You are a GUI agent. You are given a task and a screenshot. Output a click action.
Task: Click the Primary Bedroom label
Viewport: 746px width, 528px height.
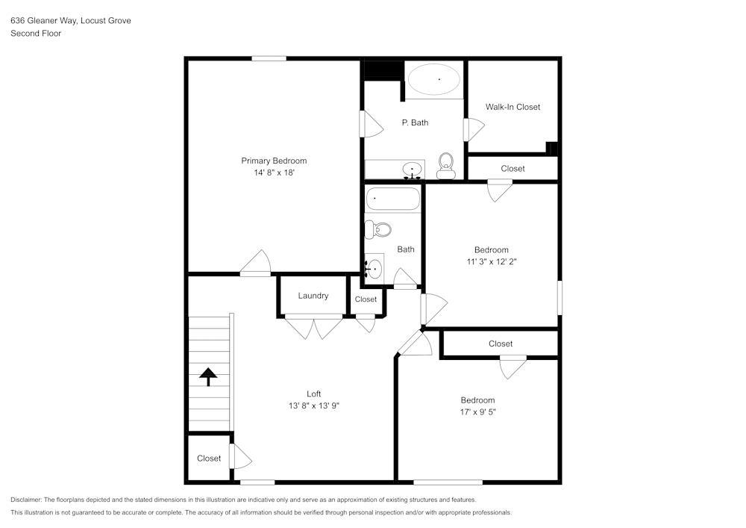click(273, 161)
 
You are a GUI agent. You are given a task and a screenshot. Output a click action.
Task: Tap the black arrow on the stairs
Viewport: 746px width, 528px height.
click(208, 377)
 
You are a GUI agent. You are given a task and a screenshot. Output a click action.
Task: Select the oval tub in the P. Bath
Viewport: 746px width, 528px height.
click(434, 79)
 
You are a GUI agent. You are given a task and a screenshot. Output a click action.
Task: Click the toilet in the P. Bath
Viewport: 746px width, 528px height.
click(446, 165)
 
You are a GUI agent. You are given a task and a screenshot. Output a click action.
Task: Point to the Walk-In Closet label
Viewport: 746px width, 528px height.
click(513, 107)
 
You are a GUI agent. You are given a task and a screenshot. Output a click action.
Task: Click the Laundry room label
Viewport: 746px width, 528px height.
click(313, 296)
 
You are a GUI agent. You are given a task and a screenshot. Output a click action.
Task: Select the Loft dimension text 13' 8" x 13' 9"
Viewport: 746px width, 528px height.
click(313, 406)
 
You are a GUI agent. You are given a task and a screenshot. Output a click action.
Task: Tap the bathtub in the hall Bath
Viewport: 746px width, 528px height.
click(393, 199)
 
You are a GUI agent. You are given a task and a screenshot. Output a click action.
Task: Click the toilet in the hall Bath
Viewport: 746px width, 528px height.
click(379, 229)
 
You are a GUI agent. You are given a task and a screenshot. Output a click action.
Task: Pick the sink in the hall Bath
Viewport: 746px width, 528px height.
click(373, 267)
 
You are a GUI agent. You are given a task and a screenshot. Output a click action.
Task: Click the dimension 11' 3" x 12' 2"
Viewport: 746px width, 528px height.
click(491, 261)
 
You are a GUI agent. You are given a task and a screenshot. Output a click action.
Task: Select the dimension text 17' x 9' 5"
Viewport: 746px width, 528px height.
click(477, 411)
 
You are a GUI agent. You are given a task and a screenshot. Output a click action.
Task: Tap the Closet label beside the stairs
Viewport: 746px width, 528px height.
click(209, 459)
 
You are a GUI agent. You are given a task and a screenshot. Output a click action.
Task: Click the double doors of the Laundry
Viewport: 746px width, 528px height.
click(314, 326)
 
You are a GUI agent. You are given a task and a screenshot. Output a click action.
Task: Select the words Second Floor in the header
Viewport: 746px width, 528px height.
click(36, 34)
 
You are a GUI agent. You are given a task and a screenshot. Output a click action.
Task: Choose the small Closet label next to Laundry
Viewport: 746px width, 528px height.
click(366, 299)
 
